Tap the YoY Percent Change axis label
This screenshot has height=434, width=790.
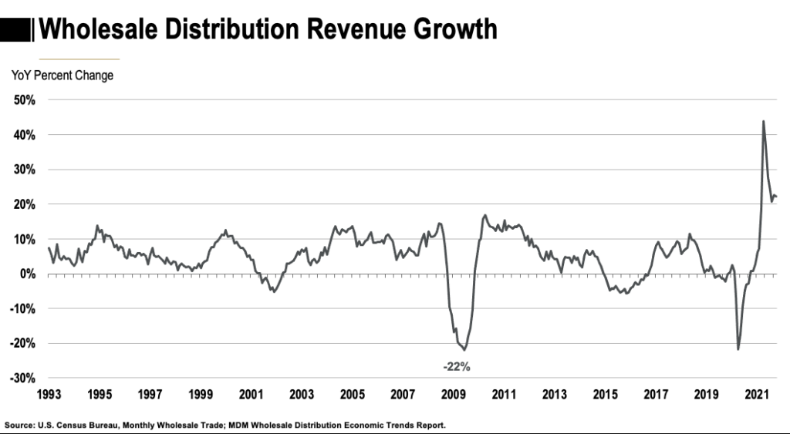(x=62, y=76)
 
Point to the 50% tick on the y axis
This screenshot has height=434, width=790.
(x=25, y=100)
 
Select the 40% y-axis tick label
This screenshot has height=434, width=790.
(x=25, y=135)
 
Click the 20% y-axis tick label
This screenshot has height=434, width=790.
(x=25, y=204)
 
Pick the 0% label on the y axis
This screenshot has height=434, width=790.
(x=28, y=274)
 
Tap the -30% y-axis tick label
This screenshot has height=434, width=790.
(x=23, y=378)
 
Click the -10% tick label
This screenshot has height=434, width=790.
(x=23, y=308)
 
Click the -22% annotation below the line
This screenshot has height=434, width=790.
(x=455, y=366)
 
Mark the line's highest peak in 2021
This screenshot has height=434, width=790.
(x=763, y=121)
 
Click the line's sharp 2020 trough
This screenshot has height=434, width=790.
(x=738, y=349)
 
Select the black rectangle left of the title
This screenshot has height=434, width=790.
(x=16, y=29)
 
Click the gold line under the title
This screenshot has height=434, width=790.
(x=79, y=59)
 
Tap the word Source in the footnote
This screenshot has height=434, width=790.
(x=19, y=425)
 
